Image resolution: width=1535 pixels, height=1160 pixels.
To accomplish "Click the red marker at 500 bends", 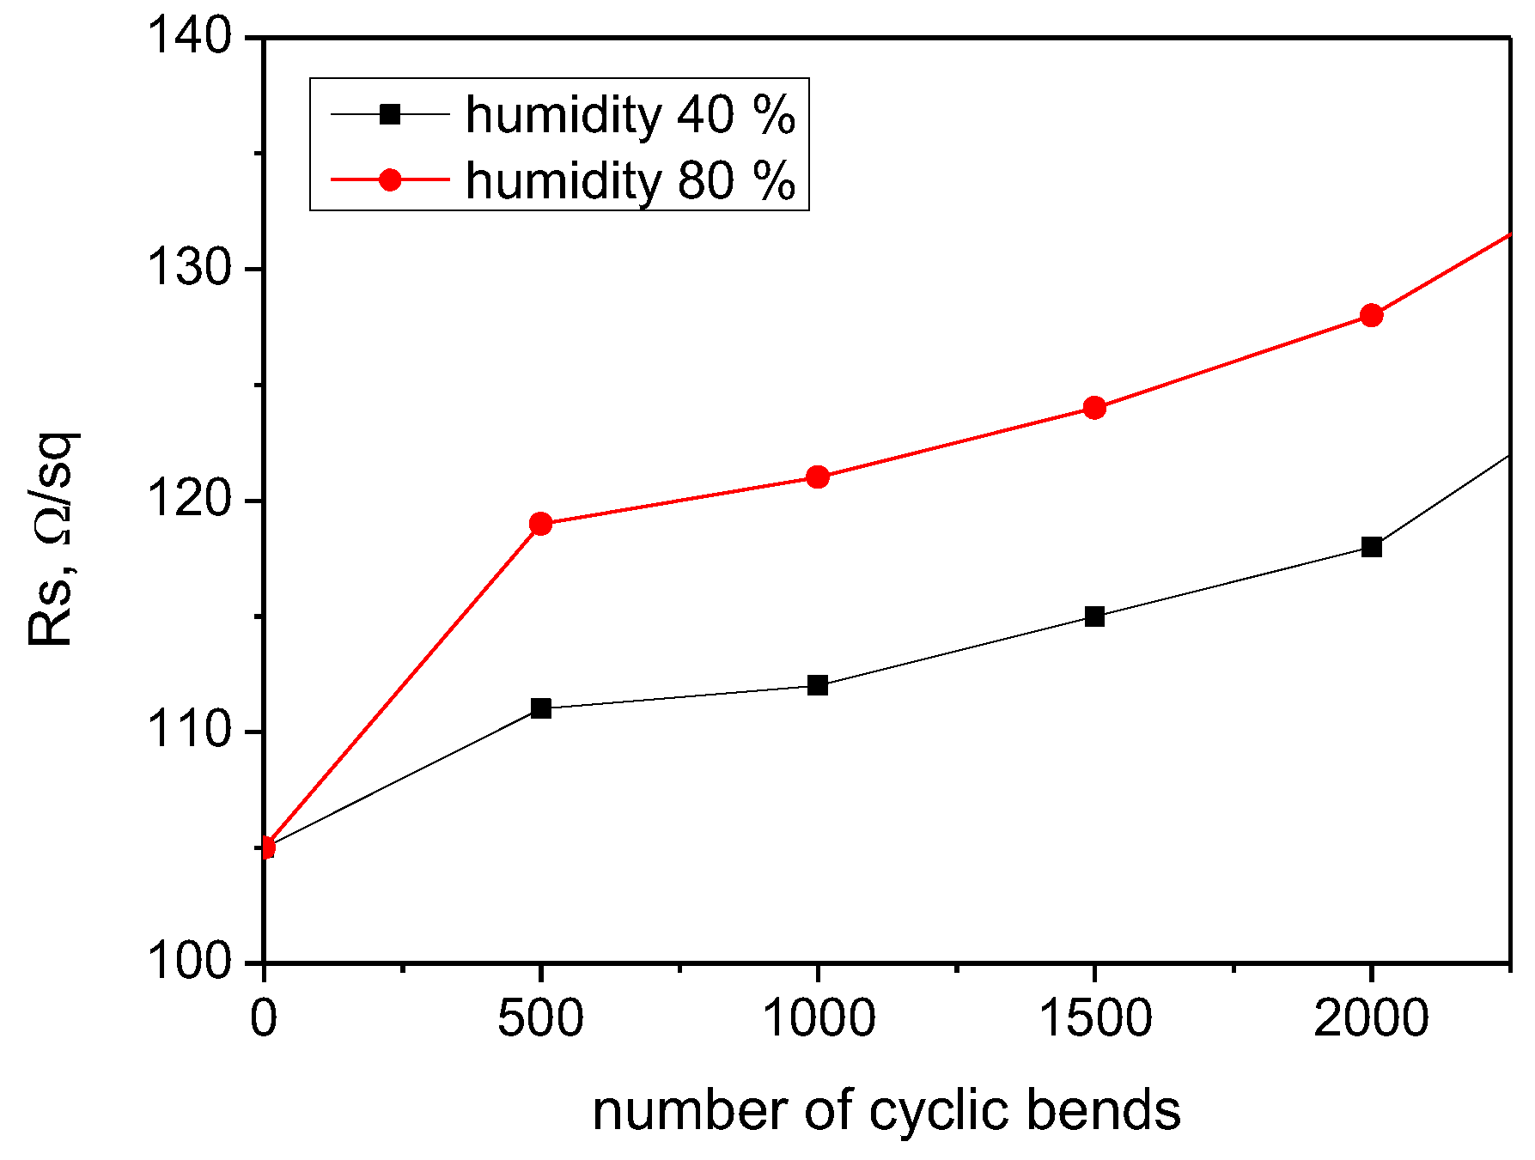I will point(540,524).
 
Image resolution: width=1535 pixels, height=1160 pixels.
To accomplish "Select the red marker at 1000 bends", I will point(818,477).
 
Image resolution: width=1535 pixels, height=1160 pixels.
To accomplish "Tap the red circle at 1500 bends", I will point(1094,407).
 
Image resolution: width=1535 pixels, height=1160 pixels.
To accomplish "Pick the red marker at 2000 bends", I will point(1372,315).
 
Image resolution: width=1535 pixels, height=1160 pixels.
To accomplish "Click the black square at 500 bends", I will point(540,708).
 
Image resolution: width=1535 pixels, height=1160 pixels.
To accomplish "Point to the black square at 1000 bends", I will point(818,685).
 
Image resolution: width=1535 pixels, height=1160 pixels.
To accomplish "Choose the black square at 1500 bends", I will point(1094,616).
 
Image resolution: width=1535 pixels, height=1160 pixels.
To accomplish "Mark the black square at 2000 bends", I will point(1372,547).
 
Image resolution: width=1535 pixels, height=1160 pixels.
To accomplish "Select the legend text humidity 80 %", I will point(630,180).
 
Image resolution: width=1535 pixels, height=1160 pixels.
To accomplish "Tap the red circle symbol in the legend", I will point(390,179).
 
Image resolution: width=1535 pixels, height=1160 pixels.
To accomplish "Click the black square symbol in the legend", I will point(390,113).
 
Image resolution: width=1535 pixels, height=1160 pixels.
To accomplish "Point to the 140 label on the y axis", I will point(191,39).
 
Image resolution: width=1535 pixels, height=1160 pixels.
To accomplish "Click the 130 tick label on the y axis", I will point(191,270).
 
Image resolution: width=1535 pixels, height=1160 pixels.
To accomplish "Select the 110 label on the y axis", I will point(191,732).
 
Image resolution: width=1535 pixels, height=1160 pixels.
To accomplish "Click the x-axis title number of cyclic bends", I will point(886,1110).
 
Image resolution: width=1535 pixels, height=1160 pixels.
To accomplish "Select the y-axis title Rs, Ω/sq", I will point(53,539).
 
